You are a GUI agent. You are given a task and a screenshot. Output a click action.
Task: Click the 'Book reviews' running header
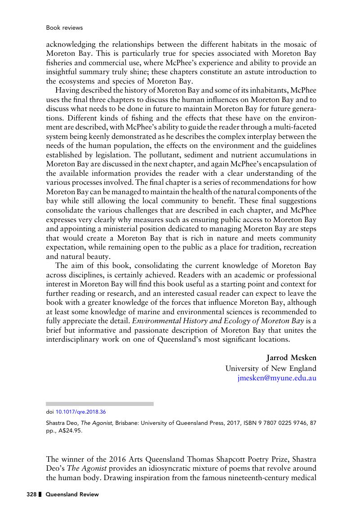pos(64,28)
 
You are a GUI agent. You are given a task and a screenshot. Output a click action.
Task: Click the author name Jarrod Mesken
pos(292,358)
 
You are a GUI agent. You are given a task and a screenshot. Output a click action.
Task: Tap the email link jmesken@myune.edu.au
pos(277,378)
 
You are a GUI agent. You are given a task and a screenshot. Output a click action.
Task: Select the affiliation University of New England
pos(271,368)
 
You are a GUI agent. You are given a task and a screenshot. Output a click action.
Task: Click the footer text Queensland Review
pos(72,495)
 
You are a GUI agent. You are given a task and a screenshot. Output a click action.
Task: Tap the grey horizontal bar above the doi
pos(100,404)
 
